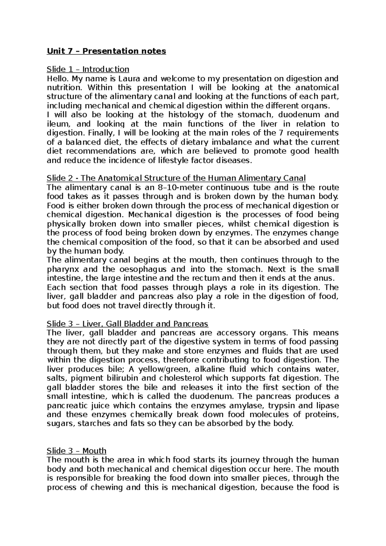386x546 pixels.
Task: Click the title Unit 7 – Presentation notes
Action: pos(106,51)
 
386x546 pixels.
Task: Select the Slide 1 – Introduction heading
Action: pos(88,69)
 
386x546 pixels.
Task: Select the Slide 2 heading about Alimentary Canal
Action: pos(176,178)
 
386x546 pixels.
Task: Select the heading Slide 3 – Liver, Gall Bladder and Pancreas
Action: pos(127,324)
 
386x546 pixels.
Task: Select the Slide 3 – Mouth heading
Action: pos(77,451)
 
